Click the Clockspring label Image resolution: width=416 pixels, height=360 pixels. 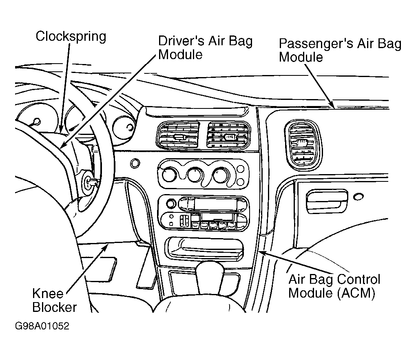tap(71, 37)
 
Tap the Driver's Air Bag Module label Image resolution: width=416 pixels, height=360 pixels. tap(205, 48)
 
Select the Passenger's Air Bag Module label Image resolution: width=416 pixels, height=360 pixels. tap(340, 51)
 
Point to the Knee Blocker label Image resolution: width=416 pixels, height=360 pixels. tap(54, 300)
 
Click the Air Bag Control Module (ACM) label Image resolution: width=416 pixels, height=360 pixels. tap(334, 286)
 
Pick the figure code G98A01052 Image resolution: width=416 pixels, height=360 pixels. tap(42, 326)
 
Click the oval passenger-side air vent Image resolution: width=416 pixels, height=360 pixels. tap(303, 146)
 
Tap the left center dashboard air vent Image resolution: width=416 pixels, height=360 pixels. tap(178, 135)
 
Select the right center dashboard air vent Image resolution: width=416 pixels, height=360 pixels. tap(228, 135)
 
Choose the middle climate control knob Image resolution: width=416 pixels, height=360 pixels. tap(195, 175)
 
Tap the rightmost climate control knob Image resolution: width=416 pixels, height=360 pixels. tap(221, 175)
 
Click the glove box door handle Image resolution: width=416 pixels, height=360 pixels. tap(327, 201)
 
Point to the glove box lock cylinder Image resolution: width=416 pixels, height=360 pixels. tap(358, 197)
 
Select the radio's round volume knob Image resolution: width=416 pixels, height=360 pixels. tap(171, 204)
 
